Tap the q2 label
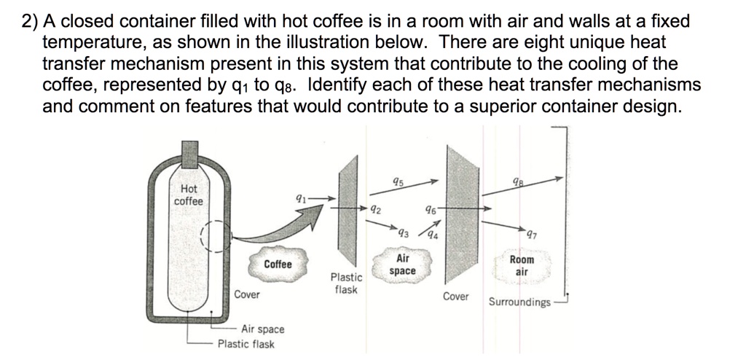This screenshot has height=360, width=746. point(374,209)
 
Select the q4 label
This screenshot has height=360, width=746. point(432,235)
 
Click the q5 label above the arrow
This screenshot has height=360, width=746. point(397,182)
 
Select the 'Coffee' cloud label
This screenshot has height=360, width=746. point(278,264)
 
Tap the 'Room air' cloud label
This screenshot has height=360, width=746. point(522,265)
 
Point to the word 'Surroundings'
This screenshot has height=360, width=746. point(519,302)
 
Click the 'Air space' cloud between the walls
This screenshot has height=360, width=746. point(402,265)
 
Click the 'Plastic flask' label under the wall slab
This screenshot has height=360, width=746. point(346,283)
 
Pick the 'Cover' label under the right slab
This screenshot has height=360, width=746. point(456,297)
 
